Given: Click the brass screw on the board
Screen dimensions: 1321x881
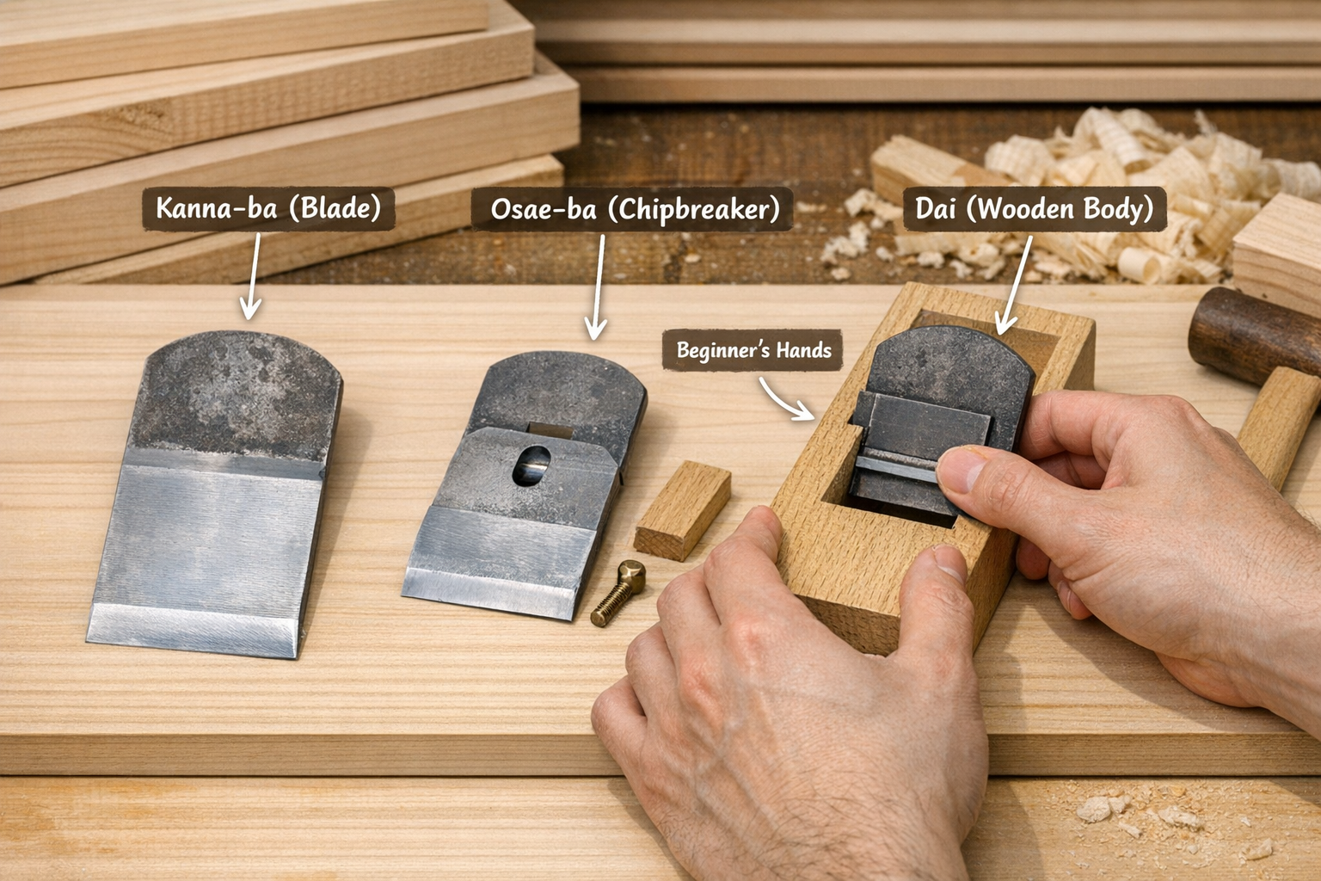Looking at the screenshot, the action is (x=618, y=592).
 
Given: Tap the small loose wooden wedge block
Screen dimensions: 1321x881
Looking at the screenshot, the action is (x=683, y=510).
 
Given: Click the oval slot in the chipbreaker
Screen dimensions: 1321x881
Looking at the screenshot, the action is (x=531, y=465).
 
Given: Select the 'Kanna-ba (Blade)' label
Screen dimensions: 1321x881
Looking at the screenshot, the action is (x=268, y=208).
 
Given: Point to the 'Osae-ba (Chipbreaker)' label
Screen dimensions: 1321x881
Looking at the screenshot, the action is (x=631, y=209).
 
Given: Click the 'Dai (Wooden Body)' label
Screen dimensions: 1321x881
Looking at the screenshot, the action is (x=1035, y=209).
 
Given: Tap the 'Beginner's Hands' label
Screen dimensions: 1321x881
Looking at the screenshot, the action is (x=753, y=350).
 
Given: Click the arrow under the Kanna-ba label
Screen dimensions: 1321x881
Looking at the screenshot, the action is (x=252, y=276).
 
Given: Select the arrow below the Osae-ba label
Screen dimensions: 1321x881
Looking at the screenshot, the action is (x=598, y=287).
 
